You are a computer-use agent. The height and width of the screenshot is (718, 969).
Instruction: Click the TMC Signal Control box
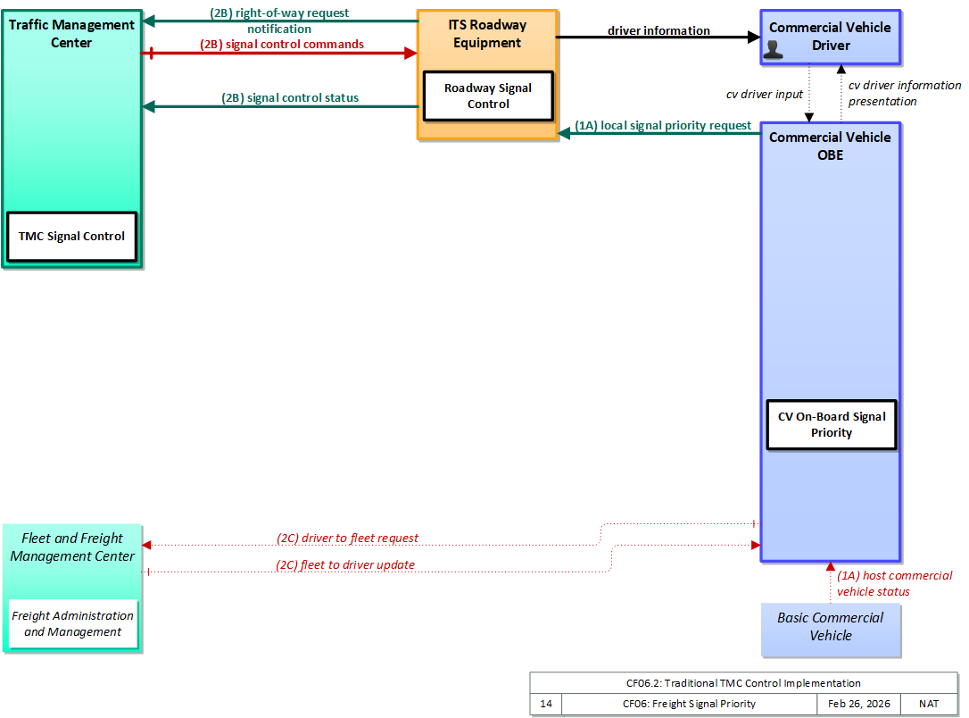coord(71,237)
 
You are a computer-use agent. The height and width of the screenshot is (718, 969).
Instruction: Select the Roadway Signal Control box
coord(488,96)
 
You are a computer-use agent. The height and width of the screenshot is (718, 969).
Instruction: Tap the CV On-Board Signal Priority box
coord(832,425)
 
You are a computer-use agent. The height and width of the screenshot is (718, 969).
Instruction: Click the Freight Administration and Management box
coord(73,623)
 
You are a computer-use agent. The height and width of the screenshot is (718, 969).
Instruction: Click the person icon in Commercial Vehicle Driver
coord(773,50)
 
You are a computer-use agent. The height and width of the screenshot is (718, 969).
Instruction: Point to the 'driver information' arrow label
coord(658,30)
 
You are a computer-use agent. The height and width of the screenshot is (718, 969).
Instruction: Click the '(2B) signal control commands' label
coord(282,45)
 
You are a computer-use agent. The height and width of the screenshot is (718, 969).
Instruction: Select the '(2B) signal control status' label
coord(290,97)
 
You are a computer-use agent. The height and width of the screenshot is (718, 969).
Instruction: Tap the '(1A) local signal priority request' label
coord(663,126)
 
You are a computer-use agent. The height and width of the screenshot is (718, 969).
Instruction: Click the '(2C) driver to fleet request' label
coord(347,538)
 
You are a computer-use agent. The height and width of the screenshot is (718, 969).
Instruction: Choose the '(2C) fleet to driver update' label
coord(344,564)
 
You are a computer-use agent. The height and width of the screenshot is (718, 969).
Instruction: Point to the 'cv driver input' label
coord(765,94)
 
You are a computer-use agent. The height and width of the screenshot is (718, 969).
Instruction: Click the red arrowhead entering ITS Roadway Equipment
coord(411,54)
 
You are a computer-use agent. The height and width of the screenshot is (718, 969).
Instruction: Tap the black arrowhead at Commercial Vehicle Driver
coord(754,38)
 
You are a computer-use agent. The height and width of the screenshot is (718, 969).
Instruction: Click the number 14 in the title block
coord(546,704)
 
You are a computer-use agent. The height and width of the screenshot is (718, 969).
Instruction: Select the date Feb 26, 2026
coord(859,704)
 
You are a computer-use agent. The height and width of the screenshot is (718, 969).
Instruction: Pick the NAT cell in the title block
coord(929,704)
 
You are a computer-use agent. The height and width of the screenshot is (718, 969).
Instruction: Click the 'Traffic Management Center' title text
coord(71,33)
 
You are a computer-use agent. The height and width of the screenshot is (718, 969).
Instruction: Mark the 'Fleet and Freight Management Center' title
coord(72,547)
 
